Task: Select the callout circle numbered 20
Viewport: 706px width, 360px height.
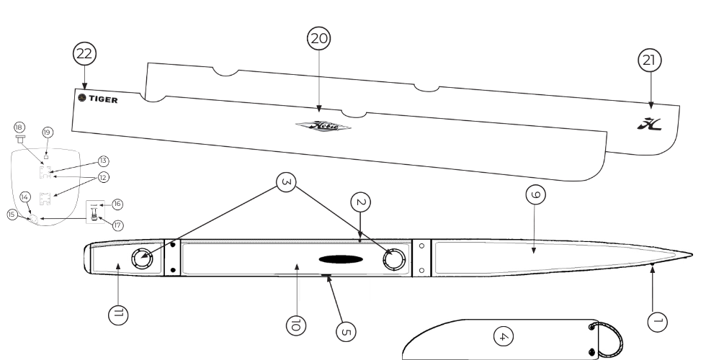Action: point(318,39)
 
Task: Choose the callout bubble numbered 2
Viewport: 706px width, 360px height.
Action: point(361,204)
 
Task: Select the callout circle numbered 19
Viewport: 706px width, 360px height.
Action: point(48,132)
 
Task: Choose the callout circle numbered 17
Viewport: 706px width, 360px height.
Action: point(117,225)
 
